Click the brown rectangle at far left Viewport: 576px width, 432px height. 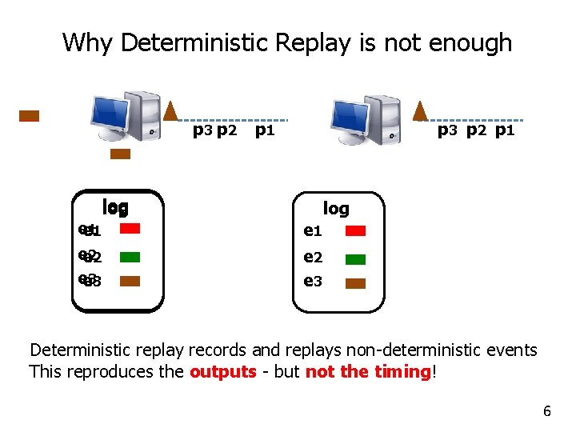pos(30,115)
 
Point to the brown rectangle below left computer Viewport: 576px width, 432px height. pos(120,154)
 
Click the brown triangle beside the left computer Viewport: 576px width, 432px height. pos(170,111)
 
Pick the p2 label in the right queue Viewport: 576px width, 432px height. pos(476,130)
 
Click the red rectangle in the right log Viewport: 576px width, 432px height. pos(356,231)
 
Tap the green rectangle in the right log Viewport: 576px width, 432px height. pos(356,259)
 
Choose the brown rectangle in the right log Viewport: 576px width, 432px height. pos(356,283)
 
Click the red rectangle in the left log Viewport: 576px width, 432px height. pos(130,229)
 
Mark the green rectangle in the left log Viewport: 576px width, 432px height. pos(130,257)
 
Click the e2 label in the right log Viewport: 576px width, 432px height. pos(313,258)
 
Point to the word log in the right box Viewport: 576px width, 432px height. pos(336,209)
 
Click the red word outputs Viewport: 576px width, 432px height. pos(223,372)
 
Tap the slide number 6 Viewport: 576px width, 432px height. pos(547,412)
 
